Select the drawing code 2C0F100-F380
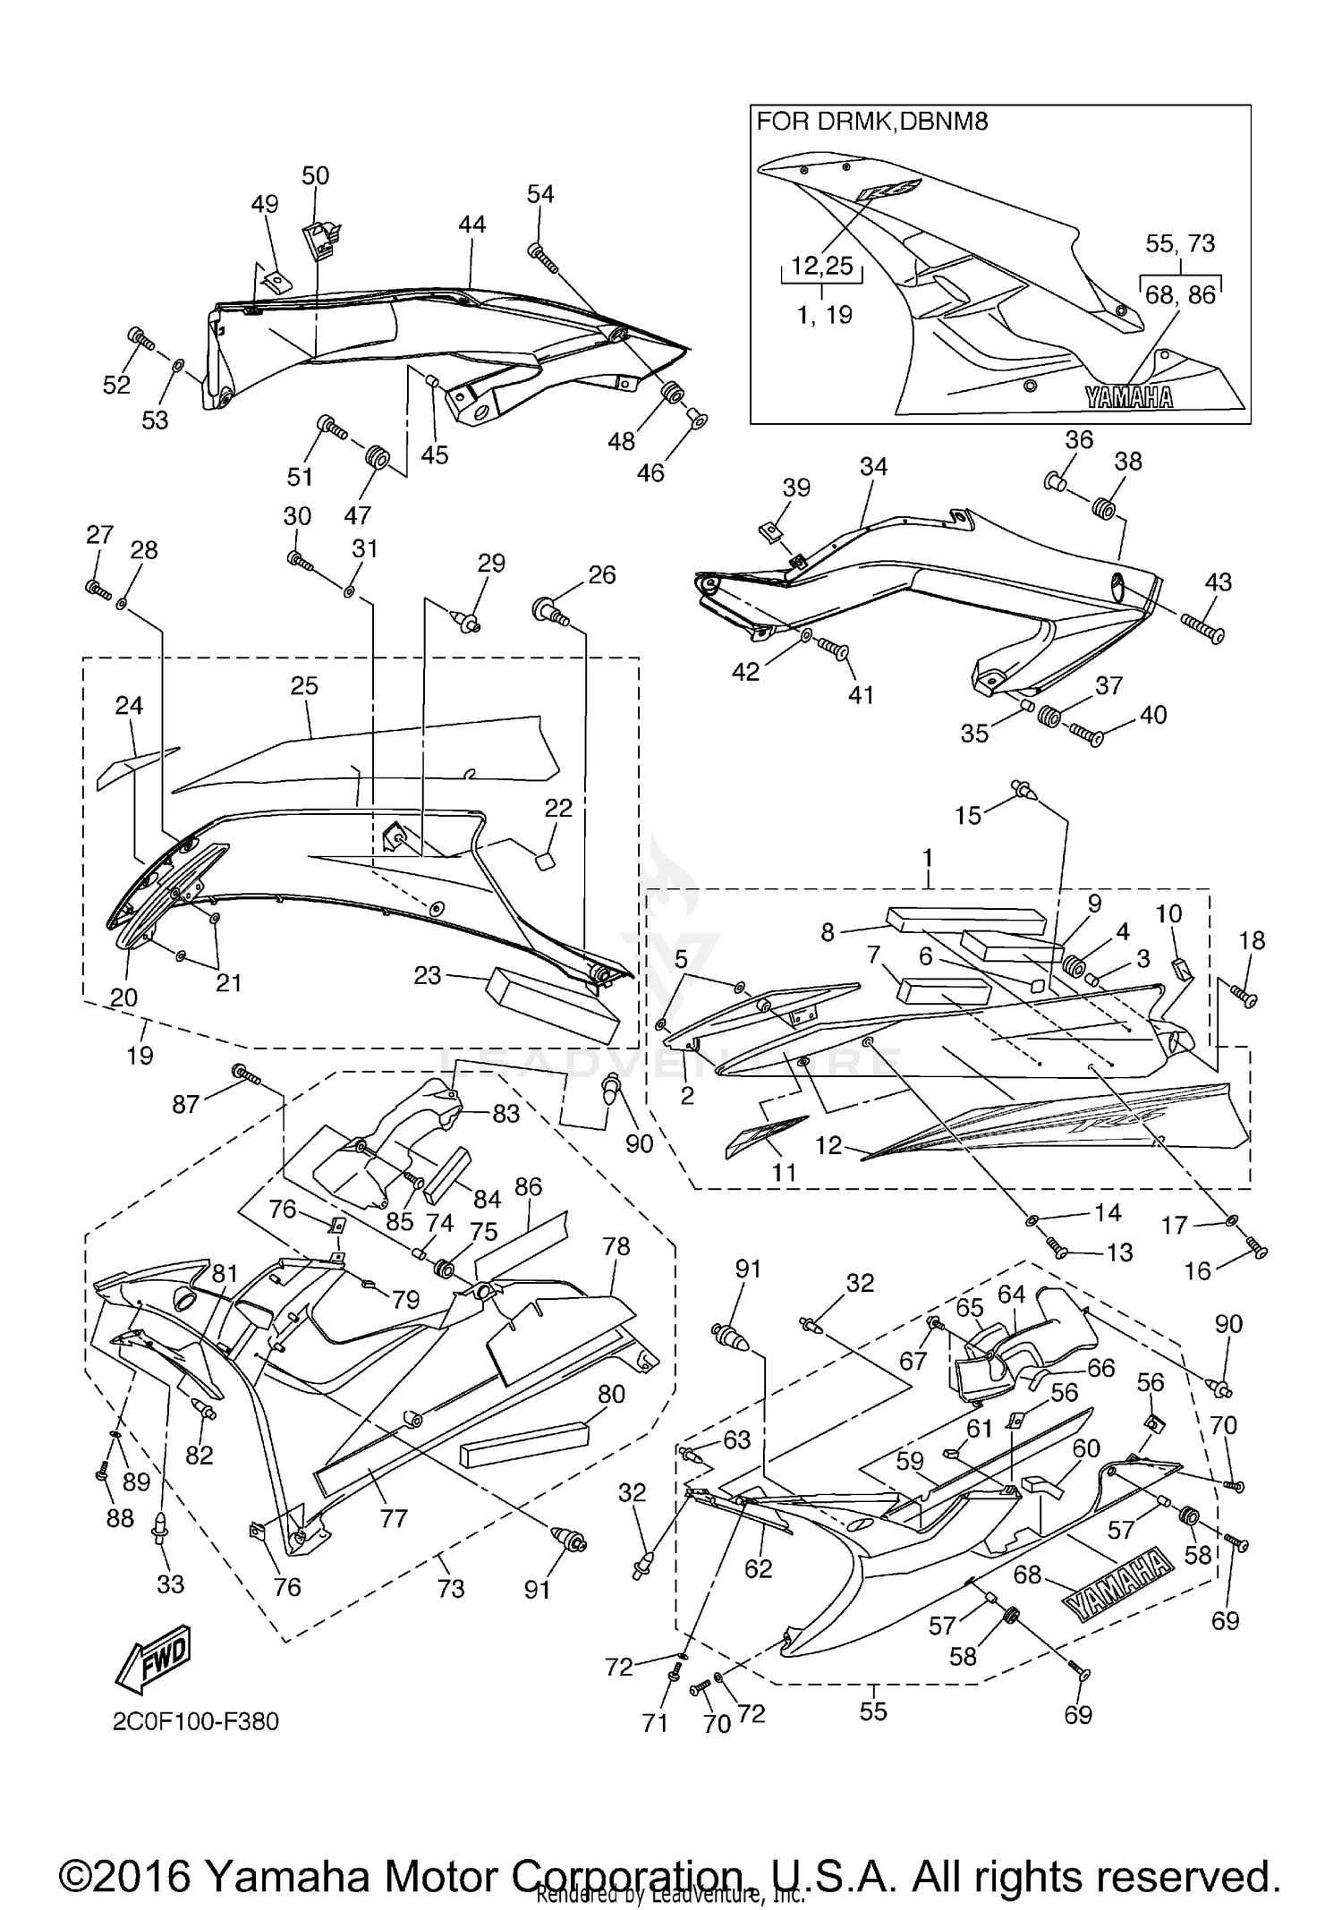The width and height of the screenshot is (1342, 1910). coord(195,1721)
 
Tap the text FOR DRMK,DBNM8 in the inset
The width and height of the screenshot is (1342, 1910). coord(872,122)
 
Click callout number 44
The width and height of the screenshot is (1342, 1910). coord(471,225)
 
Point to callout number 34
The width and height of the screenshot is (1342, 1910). coord(873,467)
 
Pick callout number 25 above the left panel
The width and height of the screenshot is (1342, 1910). coord(304,686)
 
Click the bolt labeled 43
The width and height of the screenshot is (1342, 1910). coord(1201,631)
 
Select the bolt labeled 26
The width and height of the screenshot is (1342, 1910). coord(551,612)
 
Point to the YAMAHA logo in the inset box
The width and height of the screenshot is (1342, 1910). coord(1128,397)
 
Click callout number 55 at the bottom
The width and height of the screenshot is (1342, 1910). coord(872,1711)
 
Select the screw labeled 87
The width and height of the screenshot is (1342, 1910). coord(245,1074)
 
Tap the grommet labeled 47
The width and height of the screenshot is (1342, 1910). coord(377,458)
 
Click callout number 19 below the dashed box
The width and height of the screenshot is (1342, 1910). coord(140,1055)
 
